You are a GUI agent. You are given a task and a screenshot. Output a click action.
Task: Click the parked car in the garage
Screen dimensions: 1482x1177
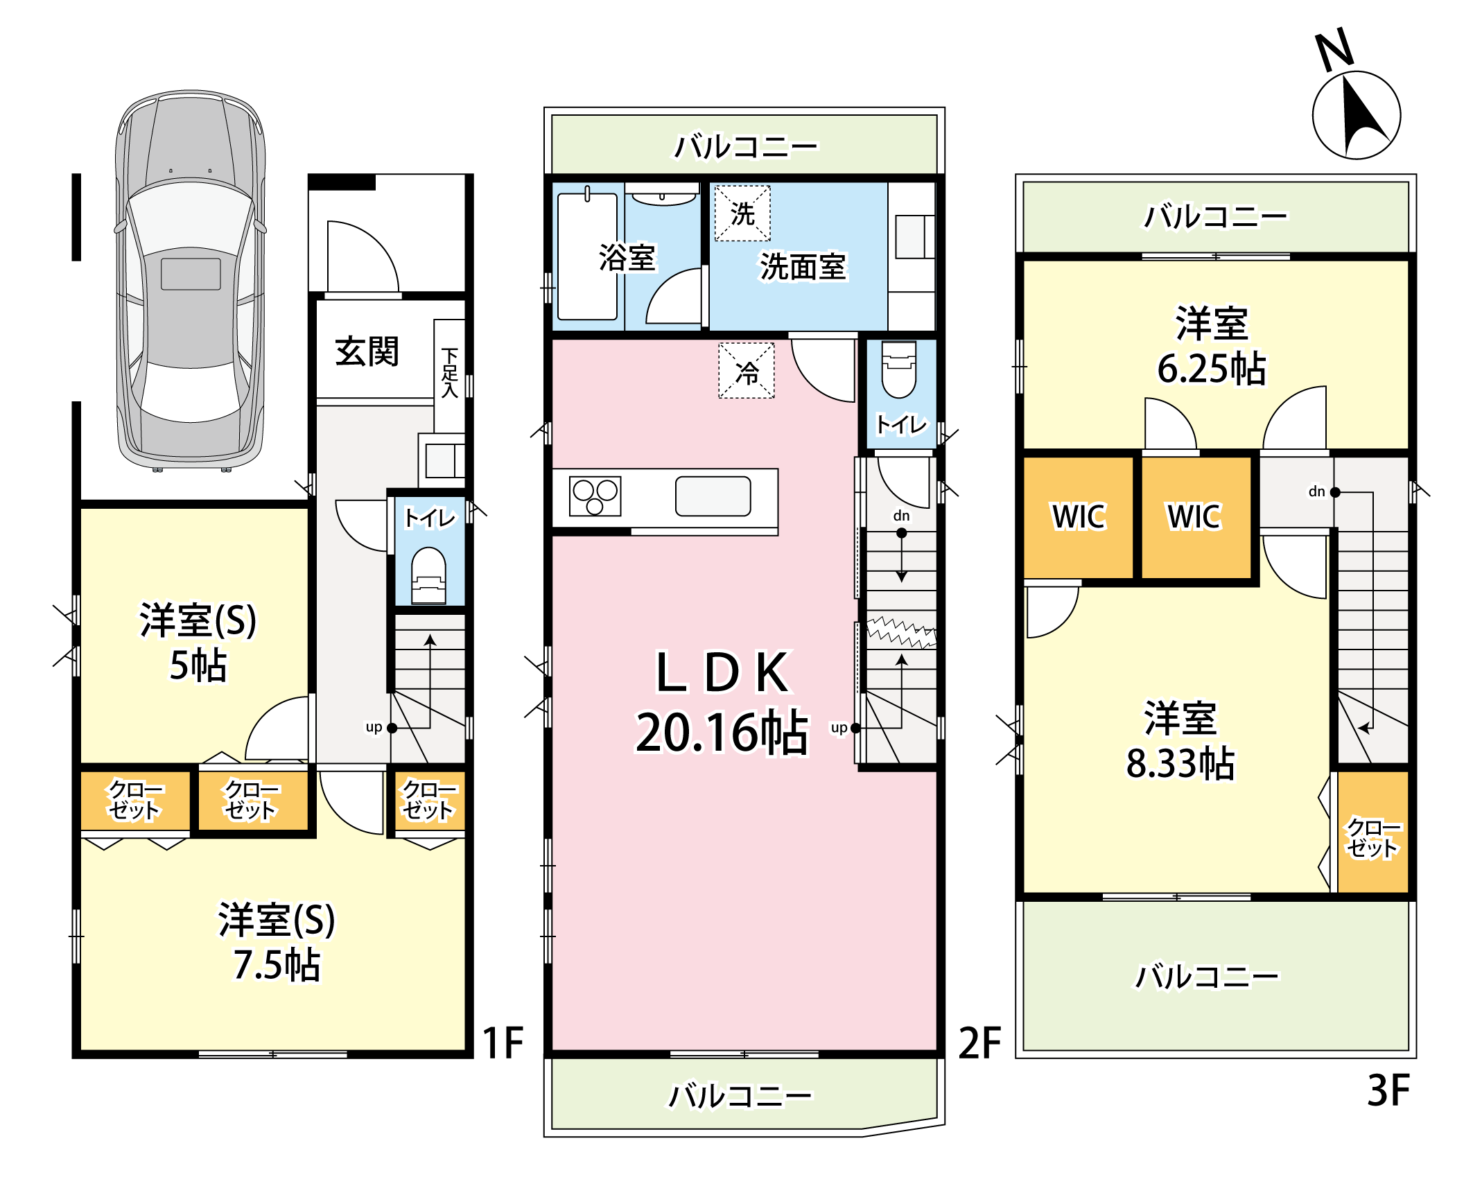coord(191,280)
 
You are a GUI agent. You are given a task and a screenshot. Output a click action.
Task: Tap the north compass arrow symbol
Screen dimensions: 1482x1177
coord(1356,115)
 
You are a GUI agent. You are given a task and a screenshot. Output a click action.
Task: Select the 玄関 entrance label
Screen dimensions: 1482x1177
coord(367,351)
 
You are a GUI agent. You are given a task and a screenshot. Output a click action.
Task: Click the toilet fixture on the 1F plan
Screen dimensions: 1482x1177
coord(428,575)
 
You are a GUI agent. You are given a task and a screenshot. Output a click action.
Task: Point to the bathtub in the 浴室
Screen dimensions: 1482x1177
coord(587,256)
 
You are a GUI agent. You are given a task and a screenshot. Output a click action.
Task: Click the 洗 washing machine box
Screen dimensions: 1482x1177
coord(742,213)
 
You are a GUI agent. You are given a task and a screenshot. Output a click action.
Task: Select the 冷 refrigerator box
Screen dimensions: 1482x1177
coord(747,371)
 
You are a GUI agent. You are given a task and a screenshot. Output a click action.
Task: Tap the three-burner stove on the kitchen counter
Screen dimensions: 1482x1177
coord(595,496)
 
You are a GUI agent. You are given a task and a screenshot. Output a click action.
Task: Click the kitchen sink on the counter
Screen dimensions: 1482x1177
coord(713,496)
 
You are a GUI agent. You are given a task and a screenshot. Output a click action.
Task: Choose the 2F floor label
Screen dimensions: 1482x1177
coord(979,1043)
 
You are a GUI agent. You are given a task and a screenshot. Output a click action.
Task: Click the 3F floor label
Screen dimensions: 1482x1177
coord(1388,1090)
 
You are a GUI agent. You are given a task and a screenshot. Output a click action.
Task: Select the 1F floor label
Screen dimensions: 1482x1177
coord(503,1043)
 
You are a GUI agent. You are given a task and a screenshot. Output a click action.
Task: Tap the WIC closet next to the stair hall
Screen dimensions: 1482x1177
coord(1196,517)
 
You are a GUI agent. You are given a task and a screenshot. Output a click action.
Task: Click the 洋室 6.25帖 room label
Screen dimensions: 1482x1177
coord(1212,346)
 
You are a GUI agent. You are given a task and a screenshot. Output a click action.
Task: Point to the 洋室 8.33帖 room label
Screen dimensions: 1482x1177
coord(1180,741)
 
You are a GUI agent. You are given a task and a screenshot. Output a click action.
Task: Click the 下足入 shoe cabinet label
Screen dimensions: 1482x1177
coord(450,373)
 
